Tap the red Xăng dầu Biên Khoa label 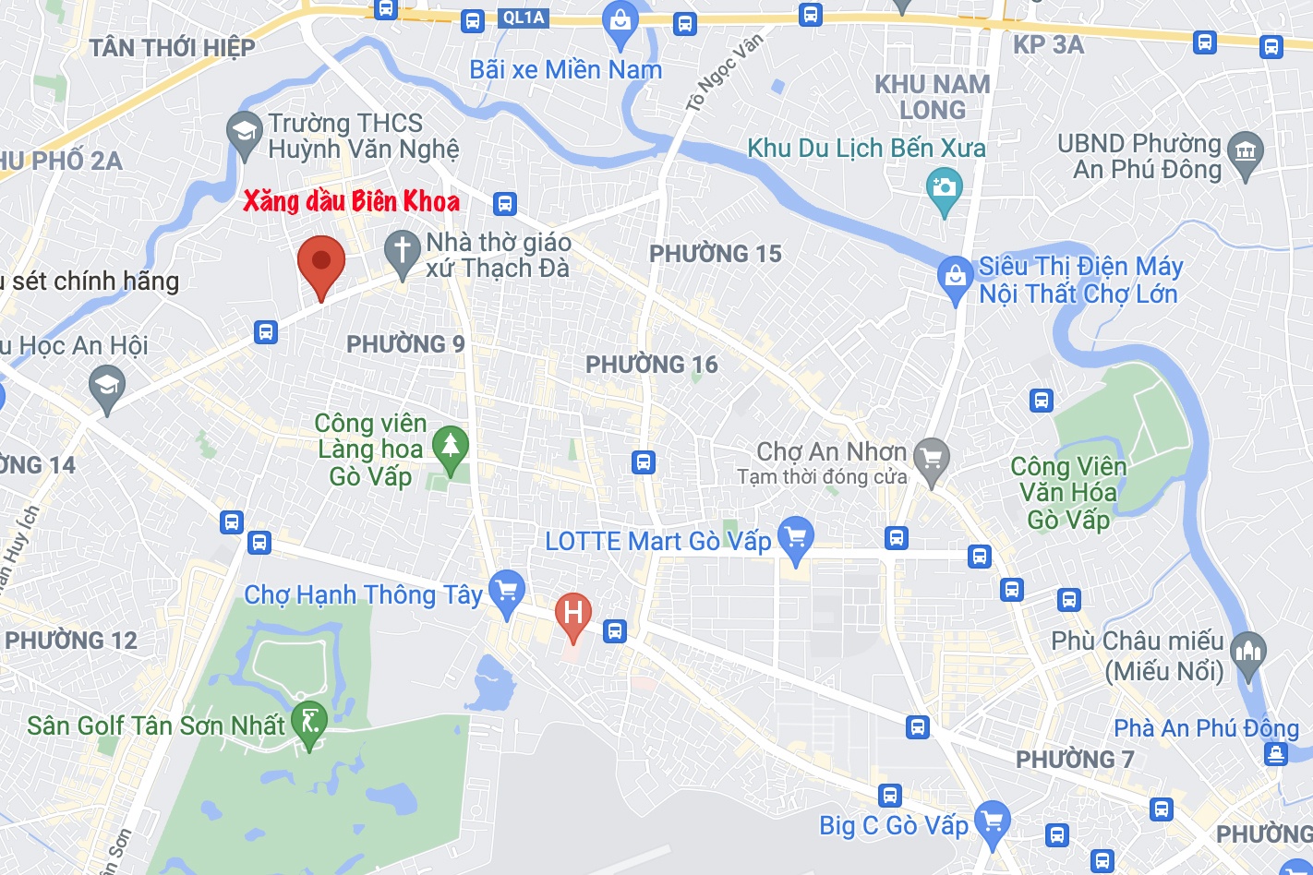[351, 201]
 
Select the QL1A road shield [524, 18]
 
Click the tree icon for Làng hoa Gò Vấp [451, 448]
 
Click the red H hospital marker [572, 614]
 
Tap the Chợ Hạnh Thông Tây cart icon [506, 591]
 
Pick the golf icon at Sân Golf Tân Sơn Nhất [309, 723]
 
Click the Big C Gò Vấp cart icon [993, 821]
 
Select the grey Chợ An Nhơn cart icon [932, 458]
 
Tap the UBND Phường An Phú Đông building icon [1246, 152]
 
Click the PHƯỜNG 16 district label [652, 365]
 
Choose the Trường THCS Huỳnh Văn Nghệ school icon [245, 134]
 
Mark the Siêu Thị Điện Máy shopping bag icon [955, 278]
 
